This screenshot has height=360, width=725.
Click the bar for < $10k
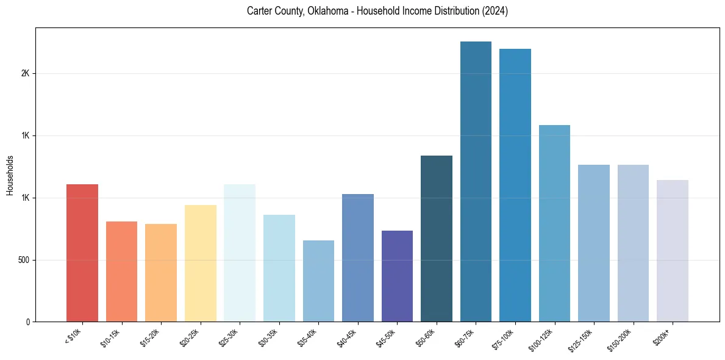click(x=82, y=253)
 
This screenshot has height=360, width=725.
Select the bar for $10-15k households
click(x=121, y=272)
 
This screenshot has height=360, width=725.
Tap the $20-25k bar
click(x=200, y=263)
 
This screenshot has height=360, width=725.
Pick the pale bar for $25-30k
click(x=240, y=253)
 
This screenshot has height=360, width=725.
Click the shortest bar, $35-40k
click(x=318, y=281)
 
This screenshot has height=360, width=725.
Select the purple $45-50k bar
click(x=397, y=276)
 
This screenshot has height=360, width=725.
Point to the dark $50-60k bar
click(x=437, y=239)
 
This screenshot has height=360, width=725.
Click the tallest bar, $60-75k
click(x=476, y=181)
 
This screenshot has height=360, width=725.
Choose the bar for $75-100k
click(x=515, y=185)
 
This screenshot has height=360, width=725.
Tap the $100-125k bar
click(x=554, y=223)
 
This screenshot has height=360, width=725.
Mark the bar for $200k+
click(x=673, y=251)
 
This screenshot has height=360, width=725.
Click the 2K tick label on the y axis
click(x=25, y=73)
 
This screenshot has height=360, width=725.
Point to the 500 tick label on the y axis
click(x=23, y=260)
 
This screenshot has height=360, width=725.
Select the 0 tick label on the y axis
click(x=27, y=322)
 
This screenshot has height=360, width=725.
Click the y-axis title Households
click(x=10, y=175)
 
